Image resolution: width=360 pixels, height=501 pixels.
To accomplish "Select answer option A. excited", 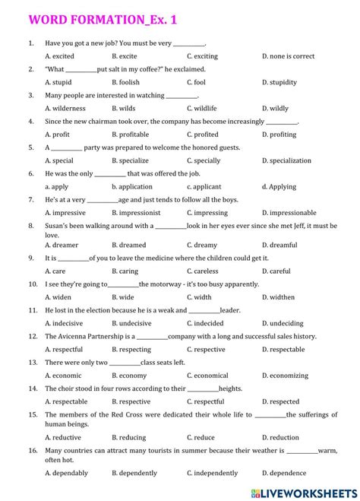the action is point(59,56).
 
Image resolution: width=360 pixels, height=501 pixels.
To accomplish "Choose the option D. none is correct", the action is point(288,56).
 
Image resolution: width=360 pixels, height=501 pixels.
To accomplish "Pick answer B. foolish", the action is point(125,82).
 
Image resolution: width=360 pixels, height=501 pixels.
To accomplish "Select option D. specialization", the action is point(286,160).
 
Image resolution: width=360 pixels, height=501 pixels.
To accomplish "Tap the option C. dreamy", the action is point(201,246).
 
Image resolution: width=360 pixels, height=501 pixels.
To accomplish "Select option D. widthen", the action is point(278,297).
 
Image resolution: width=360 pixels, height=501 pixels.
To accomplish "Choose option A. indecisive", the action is point(64,323).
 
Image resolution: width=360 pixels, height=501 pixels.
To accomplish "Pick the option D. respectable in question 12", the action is point(283,350).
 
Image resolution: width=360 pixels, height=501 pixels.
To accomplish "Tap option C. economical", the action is point(207,376).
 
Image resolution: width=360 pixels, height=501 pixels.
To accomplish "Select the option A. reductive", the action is point(63,437).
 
